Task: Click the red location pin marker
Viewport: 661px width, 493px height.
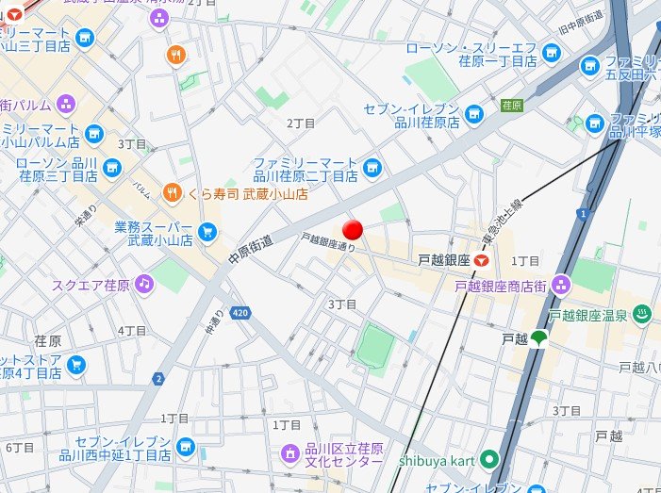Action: [353, 230]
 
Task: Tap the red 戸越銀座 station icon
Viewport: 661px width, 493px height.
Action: [482, 259]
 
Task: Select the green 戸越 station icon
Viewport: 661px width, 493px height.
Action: [538, 338]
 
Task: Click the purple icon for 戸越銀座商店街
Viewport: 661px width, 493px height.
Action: [562, 284]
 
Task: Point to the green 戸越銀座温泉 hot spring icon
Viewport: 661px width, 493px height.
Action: [641, 314]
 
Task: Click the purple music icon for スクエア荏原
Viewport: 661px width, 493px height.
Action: [142, 283]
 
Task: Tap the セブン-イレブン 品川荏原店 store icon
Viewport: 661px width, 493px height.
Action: [474, 115]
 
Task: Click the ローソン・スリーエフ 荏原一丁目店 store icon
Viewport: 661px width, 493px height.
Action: [553, 53]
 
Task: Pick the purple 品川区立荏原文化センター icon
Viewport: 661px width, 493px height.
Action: [289, 454]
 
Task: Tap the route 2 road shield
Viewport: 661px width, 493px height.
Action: [158, 379]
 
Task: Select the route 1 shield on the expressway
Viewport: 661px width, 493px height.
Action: [585, 215]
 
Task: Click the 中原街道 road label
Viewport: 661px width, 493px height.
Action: [251, 249]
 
